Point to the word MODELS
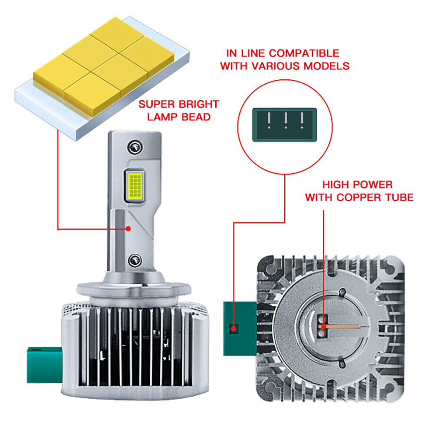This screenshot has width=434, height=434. click(x=326, y=66)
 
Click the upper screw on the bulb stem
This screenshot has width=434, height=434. click(x=135, y=147)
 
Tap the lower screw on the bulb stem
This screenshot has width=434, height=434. click(x=135, y=260)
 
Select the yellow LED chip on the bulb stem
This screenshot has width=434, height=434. click(x=135, y=185)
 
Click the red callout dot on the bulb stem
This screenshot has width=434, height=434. click(x=128, y=229)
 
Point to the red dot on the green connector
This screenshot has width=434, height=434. click(x=234, y=329)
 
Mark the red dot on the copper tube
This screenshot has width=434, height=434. click(x=324, y=327)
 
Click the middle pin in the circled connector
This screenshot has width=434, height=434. click(x=286, y=120)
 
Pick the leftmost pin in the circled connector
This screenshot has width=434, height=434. click(x=269, y=120)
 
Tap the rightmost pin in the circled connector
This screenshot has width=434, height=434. click(x=302, y=120)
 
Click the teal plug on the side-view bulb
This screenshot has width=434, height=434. click(x=44, y=365)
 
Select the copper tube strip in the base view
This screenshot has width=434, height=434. click(x=340, y=327)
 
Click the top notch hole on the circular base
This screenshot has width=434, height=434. click(x=342, y=292)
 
